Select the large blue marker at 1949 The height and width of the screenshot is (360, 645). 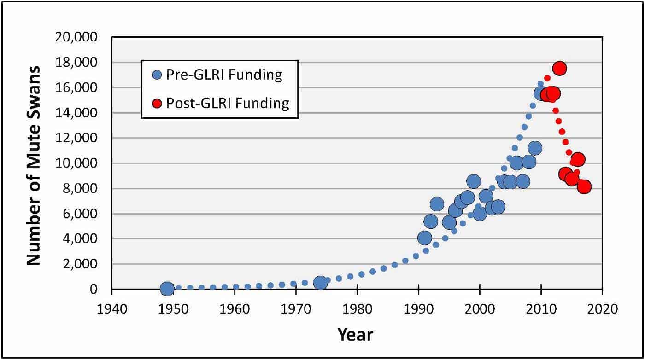pos(167,289)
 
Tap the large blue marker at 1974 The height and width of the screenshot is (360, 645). pos(320,283)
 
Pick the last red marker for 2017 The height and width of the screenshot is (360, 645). pos(584,187)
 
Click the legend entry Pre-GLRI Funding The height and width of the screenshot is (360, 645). pos(218,75)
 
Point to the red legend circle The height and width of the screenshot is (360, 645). pos(158,104)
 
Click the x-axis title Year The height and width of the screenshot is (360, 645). pos(355,334)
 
